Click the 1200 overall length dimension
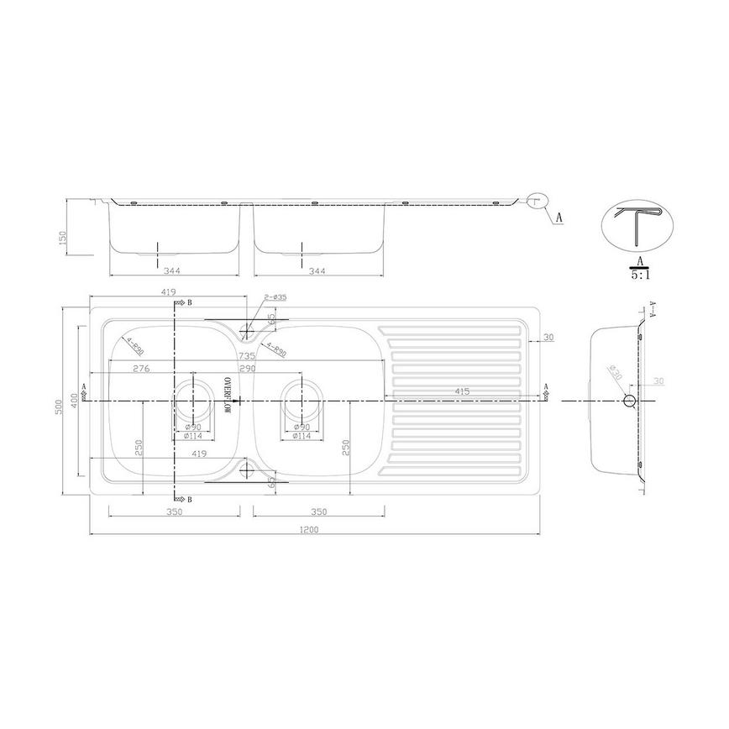[x=316, y=529]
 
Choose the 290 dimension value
[x=247, y=368]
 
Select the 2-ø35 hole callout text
[x=275, y=297]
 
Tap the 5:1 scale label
[x=641, y=273]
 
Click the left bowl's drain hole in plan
[x=195, y=401]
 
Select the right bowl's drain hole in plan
[x=302, y=401]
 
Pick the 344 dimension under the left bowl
[x=174, y=271]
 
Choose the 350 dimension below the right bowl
[x=319, y=511]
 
